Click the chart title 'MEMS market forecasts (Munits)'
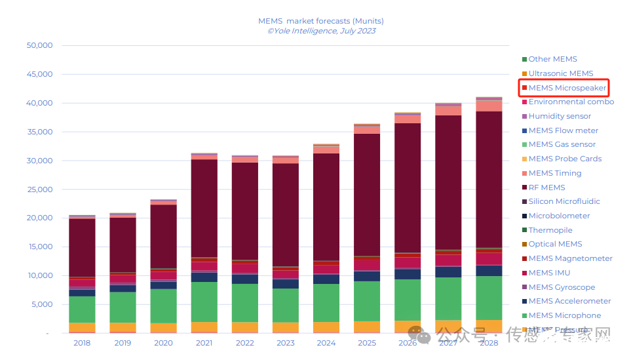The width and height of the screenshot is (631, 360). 320,21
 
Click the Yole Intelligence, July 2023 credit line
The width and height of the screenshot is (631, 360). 320,31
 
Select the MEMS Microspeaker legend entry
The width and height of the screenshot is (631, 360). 567,88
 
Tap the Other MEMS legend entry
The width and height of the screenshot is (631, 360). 552,59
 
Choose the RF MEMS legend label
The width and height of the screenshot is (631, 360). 546,188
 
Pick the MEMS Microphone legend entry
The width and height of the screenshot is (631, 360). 564,315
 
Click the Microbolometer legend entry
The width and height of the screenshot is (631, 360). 559,216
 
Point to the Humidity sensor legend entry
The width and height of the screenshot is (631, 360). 560,116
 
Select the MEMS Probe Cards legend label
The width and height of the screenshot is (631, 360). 565,159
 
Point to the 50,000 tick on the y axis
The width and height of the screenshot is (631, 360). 39,46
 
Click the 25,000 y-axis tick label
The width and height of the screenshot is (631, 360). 39,190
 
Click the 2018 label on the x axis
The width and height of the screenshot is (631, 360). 82,342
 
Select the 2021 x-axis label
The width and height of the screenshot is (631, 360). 204,342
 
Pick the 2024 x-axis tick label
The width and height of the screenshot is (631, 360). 326,342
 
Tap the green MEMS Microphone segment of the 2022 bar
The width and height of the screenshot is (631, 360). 244,303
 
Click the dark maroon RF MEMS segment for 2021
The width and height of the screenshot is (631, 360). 204,209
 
